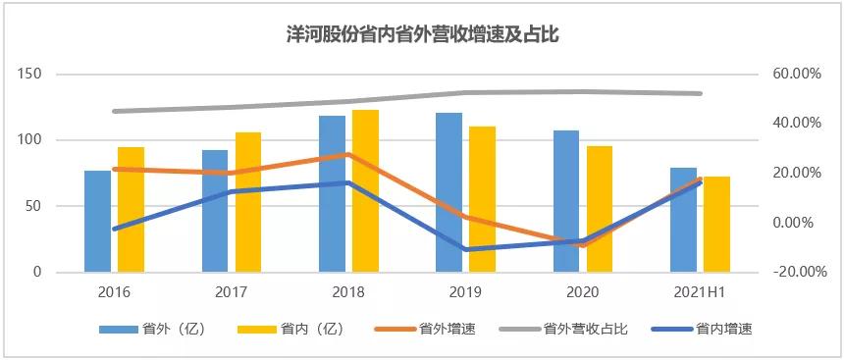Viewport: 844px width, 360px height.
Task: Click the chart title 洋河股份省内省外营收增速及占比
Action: point(422,33)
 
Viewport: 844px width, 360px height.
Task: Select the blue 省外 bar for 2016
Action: point(97,221)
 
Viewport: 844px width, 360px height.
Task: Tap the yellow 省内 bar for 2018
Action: point(365,191)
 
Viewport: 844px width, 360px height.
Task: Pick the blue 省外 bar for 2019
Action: point(448,192)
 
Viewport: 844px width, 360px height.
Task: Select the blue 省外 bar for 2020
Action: point(565,201)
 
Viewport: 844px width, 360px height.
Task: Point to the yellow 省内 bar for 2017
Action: point(248,202)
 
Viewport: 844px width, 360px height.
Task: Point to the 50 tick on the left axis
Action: point(34,206)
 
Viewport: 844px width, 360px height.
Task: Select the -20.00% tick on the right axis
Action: point(793,273)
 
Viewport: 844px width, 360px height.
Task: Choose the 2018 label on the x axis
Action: point(349,292)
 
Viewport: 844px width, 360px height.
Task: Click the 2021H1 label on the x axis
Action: point(701,292)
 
